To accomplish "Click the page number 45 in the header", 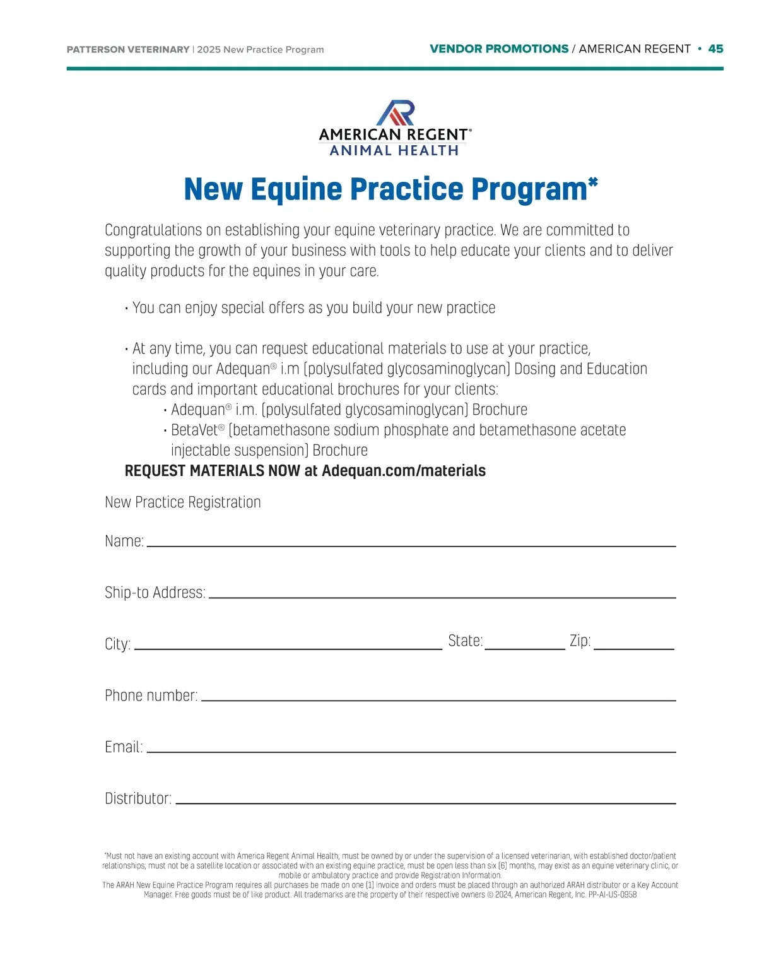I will point(715,49).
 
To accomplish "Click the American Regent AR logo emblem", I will point(396,112).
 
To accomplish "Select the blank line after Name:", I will point(411,545).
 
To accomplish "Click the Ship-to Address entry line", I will point(442,596).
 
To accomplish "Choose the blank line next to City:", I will point(288,648).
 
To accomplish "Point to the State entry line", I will point(524,648).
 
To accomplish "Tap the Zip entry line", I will point(633,648).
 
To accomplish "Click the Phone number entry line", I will point(438,699).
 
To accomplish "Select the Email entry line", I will point(411,751).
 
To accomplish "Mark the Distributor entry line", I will point(425,802).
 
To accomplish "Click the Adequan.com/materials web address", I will point(404,471).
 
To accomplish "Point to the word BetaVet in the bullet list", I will point(194,430).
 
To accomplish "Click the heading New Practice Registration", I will point(183,502).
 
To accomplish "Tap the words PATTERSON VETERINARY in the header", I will point(128,50).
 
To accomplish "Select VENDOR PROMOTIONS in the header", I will point(499,49).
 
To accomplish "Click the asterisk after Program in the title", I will point(593,182).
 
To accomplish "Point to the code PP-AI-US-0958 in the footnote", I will point(613,894).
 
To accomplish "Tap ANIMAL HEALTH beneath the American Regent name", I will point(394,151).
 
